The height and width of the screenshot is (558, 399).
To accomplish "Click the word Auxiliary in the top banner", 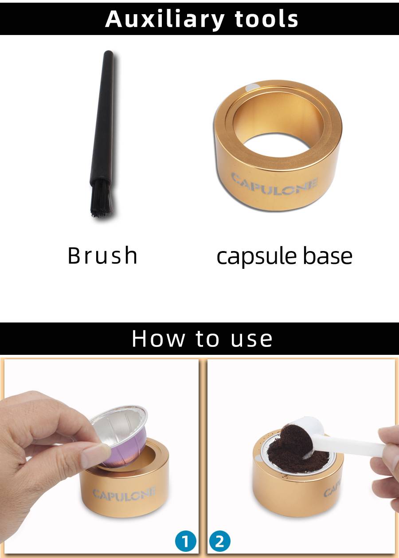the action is pos(164,20).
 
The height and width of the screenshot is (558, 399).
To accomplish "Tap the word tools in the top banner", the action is pos(266,19).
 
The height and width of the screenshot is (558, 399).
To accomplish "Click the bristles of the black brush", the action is pos(102,198).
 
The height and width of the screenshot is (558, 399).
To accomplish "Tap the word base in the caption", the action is pos(328,256).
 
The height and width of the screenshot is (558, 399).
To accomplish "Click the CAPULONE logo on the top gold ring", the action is pos(274,185).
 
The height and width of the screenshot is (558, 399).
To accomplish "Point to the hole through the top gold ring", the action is pos(277,145).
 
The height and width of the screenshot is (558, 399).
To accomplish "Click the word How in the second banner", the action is pos(158,338).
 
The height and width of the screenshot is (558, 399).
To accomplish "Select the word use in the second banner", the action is pos(251,340).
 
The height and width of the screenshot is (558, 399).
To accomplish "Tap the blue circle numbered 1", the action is pos(185,541).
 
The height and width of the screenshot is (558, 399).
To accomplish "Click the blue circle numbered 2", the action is pos(219,541).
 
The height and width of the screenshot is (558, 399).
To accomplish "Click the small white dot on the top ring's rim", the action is pos(252,87).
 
